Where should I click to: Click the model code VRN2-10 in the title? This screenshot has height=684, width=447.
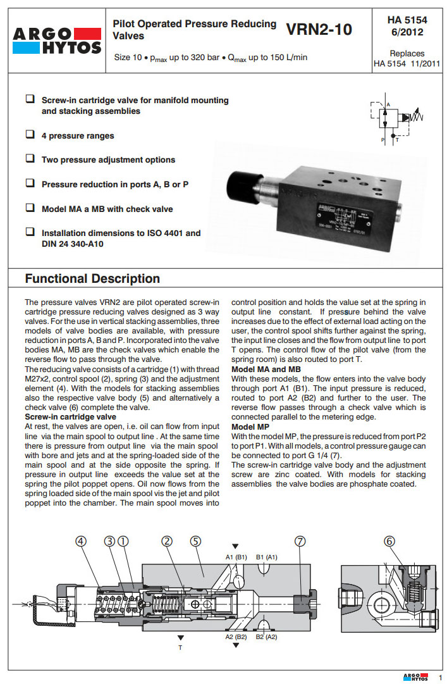[319, 30]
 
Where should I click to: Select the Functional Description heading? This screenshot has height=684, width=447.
[92, 278]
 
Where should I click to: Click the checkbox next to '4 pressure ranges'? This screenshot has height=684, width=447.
[30, 135]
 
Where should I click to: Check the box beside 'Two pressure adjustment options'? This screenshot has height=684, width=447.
[30, 159]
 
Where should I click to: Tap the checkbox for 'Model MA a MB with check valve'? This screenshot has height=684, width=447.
[30, 208]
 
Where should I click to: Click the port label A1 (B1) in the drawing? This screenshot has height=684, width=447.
[236, 557]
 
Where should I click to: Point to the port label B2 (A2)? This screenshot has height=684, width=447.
[266, 637]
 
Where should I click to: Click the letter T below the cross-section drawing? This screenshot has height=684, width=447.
[180, 648]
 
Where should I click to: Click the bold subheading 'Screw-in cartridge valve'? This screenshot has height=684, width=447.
[70, 418]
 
